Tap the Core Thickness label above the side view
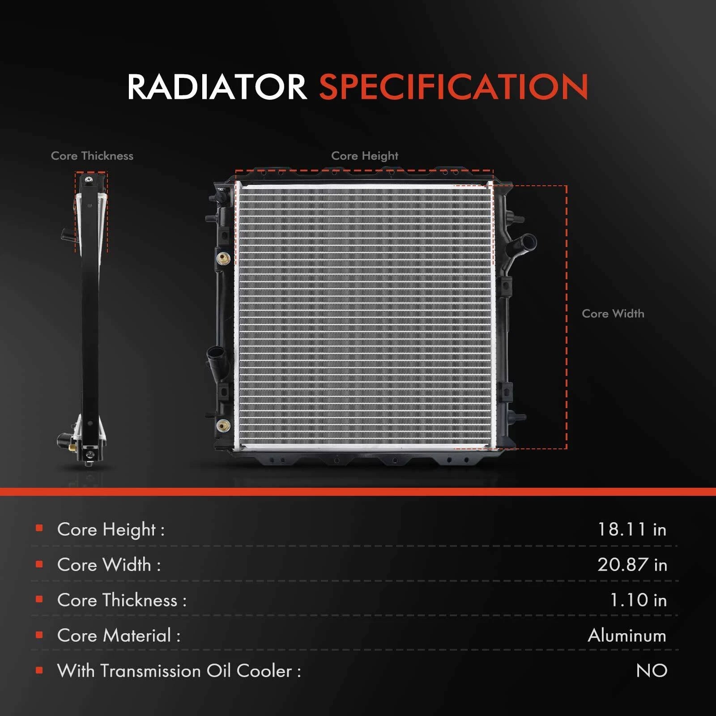coord(92,156)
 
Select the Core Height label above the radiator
coord(365,156)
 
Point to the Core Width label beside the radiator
coord(613,313)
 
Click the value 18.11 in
coord(632,529)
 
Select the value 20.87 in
coord(632,565)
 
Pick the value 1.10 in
coord(639,600)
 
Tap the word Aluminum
coord(627,635)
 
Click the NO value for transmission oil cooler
coord(652,671)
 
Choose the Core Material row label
coord(119,635)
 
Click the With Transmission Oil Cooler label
coord(179,671)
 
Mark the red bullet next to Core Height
coord(39,528)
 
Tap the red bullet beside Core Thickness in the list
coord(39,599)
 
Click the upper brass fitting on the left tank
coord(223,258)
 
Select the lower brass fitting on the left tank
coord(223,425)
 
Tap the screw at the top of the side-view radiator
coord(88,180)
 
